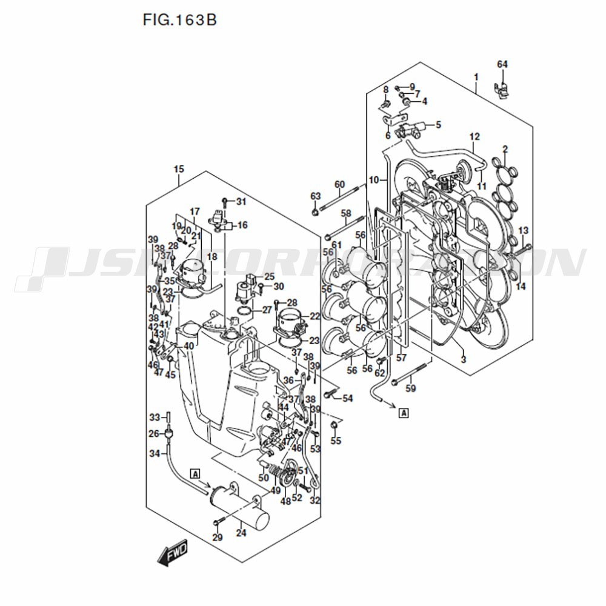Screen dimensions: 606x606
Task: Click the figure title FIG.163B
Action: click(x=179, y=20)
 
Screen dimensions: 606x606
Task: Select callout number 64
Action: click(x=502, y=64)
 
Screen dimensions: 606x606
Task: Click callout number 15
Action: click(x=179, y=168)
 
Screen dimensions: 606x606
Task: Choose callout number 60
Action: click(x=339, y=184)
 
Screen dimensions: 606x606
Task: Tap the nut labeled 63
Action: click(x=315, y=212)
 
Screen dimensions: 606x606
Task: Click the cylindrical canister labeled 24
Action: click(x=239, y=503)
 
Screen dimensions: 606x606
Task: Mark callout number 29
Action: click(x=218, y=538)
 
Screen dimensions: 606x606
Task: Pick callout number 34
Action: click(x=155, y=453)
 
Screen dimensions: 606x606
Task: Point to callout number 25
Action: click(x=269, y=276)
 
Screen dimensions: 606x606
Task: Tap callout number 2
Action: click(x=505, y=149)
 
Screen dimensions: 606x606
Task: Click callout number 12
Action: click(x=474, y=136)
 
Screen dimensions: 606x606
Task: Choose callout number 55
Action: click(x=336, y=441)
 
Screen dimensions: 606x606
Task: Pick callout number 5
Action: click(x=438, y=125)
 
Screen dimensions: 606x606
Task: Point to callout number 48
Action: click(x=285, y=501)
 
